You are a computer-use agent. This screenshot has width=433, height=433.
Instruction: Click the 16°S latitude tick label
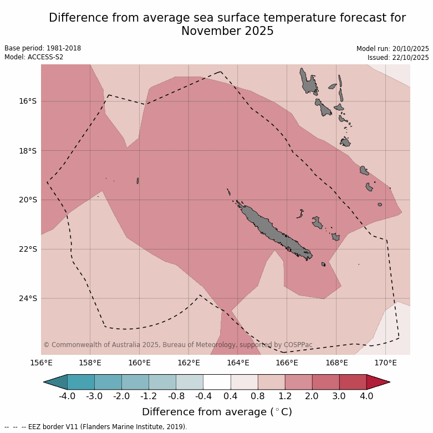[28, 101]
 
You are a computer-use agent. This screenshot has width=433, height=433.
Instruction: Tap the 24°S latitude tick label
[28, 298]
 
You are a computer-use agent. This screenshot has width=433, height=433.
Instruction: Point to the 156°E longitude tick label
[41, 363]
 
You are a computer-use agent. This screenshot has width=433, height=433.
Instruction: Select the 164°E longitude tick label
[237, 363]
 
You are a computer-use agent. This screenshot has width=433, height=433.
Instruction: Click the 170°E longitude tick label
[385, 363]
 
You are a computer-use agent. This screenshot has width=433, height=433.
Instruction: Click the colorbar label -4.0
[67, 396]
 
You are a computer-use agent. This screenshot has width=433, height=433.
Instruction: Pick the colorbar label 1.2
[285, 396]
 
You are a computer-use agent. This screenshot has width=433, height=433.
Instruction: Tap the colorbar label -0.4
[203, 396]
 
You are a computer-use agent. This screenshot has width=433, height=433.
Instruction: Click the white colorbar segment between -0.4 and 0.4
[217, 382]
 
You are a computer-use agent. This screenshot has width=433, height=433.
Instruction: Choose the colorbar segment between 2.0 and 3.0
[325, 382]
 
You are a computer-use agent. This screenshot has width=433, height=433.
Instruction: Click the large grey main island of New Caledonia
[272, 230]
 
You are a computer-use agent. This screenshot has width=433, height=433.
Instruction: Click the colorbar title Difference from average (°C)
[217, 412]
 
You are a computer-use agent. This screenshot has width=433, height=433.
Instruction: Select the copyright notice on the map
[177, 345]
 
